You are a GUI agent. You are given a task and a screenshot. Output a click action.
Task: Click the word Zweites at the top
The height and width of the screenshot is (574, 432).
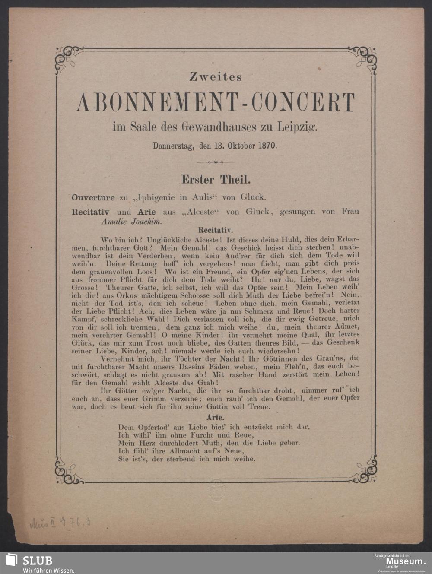(216, 77)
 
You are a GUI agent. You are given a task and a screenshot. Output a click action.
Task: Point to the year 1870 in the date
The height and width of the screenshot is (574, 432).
(267, 146)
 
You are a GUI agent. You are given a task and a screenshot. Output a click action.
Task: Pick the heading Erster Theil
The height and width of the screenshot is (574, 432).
(216, 179)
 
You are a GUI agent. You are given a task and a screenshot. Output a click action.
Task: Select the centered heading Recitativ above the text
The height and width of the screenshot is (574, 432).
(215, 230)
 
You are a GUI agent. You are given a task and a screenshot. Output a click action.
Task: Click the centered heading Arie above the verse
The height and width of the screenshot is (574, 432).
(215, 418)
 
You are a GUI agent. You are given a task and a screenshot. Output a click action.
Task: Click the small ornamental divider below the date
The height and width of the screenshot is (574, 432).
(216, 162)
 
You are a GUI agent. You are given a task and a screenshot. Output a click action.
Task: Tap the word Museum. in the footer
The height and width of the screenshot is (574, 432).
(405, 561)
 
